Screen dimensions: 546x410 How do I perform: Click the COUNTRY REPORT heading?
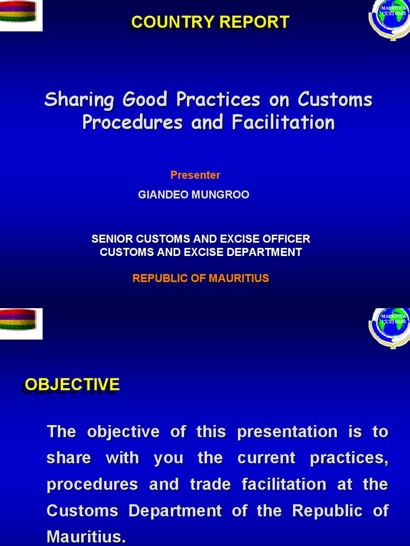(x=210, y=22)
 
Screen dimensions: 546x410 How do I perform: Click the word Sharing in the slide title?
(x=79, y=100)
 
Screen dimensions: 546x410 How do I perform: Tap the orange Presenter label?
(x=195, y=175)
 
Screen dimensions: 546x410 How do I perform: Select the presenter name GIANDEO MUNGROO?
(x=193, y=195)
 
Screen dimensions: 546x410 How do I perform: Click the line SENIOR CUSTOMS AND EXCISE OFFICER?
(x=201, y=239)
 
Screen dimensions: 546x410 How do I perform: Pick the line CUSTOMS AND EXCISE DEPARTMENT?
(x=201, y=252)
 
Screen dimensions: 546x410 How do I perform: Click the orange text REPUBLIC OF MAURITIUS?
(x=201, y=278)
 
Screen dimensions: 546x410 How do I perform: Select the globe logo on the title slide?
(x=389, y=19)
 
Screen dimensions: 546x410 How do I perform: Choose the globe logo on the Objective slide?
(x=389, y=326)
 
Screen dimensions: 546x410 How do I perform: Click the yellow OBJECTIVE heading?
(x=72, y=384)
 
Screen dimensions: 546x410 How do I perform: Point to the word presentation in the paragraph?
(x=287, y=431)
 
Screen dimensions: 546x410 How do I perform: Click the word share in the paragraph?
(x=69, y=458)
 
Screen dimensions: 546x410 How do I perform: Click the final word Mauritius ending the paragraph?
(x=86, y=536)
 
